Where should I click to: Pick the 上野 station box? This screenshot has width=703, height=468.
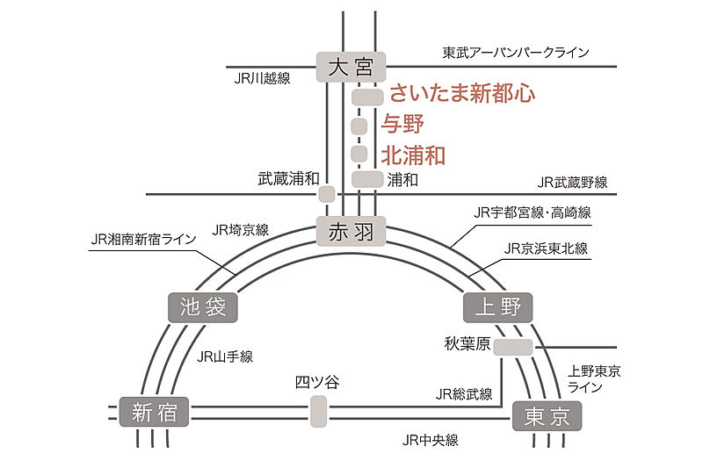click(x=498, y=306)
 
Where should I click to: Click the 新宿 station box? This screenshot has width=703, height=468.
click(x=155, y=413)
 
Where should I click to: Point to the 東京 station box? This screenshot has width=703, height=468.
click(x=547, y=415)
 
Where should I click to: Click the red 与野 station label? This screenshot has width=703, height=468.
click(x=403, y=124)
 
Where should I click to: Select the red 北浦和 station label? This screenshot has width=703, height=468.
click(x=413, y=155)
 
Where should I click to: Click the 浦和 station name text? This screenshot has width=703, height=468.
click(x=402, y=179)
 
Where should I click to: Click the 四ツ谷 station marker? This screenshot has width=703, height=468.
click(x=318, y=411)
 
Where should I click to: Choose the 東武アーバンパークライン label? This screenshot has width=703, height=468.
click(x=515, y=53)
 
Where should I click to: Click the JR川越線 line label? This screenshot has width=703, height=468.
click(x=262, y=77)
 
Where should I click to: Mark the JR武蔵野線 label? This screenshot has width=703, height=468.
click(x=572, y=183)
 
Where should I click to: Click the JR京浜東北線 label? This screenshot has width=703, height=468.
click(x=546, y=248)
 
